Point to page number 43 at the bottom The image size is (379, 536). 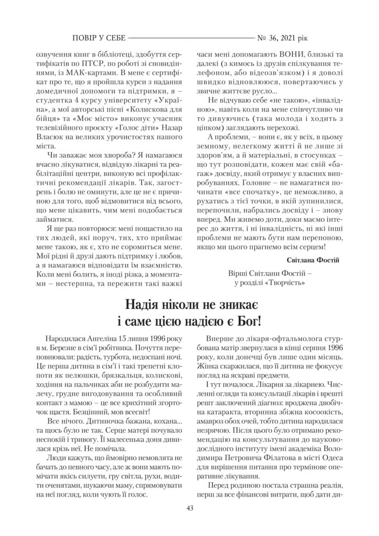[189, 507]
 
